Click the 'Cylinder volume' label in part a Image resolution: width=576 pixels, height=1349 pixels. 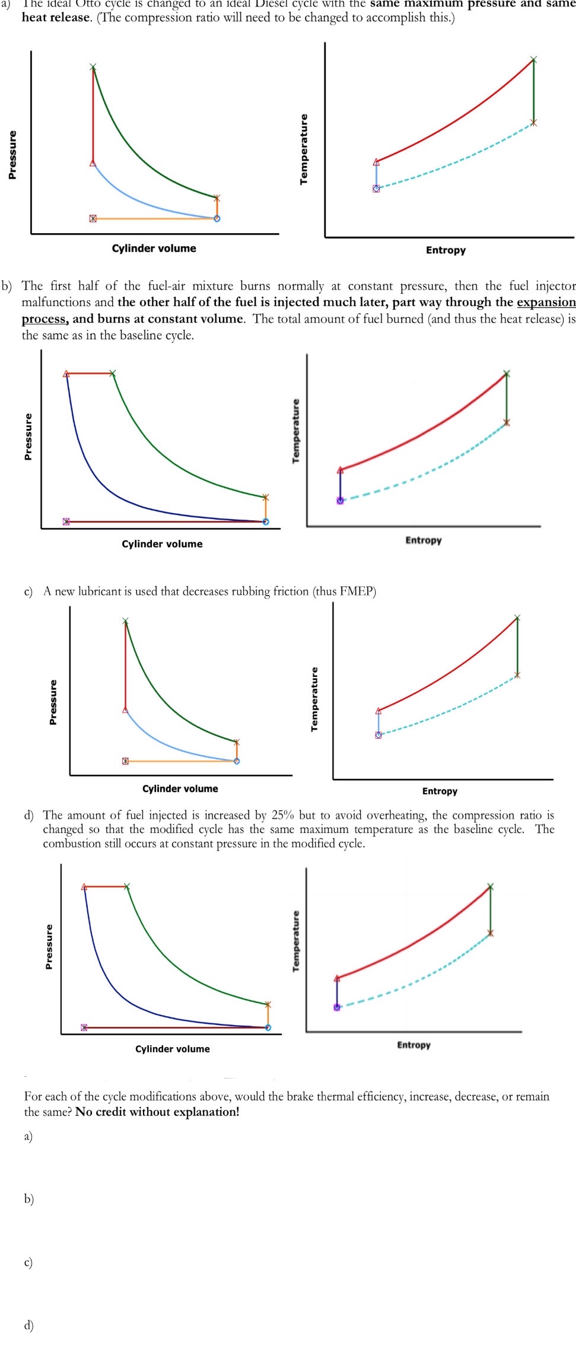154,249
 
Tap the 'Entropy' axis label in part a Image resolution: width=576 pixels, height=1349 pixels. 445,250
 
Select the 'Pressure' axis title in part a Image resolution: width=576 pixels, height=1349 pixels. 12,155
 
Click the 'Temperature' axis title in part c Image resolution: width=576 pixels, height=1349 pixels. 314,699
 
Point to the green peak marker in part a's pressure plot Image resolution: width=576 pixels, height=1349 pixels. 93,67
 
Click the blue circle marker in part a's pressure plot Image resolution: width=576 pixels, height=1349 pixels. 217,218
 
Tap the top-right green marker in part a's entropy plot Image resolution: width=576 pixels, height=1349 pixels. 533,60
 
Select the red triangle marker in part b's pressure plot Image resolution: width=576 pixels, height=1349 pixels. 66,374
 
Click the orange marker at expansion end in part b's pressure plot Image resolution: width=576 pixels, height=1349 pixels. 265,497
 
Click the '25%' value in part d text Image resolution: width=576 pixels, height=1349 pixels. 282,815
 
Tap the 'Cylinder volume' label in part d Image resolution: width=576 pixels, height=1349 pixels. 172,1049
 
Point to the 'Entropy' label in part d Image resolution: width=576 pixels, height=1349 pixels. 413,1045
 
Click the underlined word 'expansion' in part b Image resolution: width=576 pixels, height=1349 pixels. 546,303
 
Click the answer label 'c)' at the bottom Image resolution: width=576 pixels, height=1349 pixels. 28,1262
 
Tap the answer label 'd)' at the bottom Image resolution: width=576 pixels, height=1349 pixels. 28,1325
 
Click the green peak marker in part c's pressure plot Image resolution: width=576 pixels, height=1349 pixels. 125,621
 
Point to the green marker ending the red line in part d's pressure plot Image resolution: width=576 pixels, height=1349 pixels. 127,887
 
